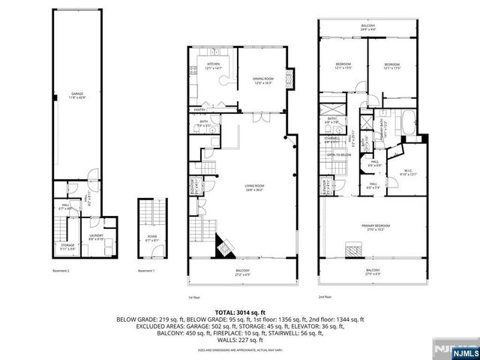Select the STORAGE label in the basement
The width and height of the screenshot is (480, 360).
pos(67,246)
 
